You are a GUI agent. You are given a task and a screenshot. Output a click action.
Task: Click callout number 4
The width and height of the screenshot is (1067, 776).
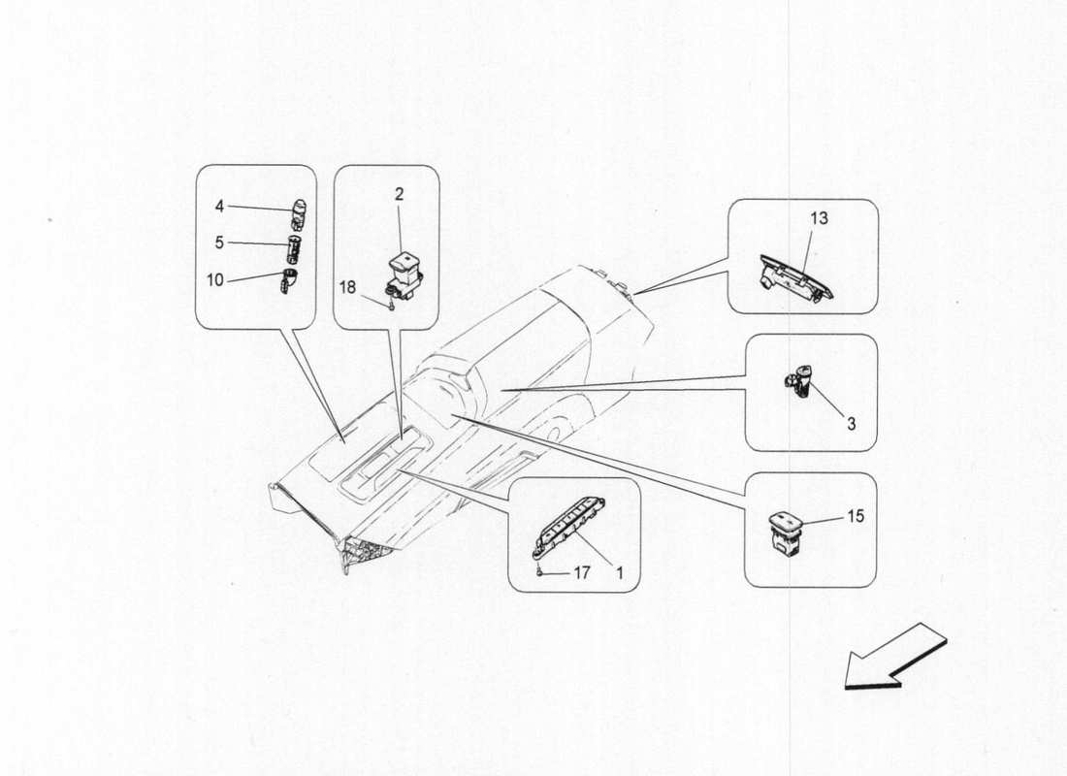(219, 206)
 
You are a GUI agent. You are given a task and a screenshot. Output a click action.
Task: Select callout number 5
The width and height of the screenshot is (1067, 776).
(219, 242)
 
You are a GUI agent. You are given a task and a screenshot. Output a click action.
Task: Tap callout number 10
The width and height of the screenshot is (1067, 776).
(214, 279)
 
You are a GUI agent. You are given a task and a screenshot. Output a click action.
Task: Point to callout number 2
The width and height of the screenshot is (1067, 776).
(399, 194)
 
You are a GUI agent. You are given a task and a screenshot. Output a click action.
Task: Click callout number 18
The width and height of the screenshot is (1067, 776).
(347, 286)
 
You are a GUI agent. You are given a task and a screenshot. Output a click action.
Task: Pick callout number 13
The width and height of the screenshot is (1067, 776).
(819, 218)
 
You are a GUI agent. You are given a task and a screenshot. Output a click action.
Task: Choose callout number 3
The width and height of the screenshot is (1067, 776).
(850, 423)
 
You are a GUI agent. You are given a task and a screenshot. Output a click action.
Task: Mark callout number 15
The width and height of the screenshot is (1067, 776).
(855, 516)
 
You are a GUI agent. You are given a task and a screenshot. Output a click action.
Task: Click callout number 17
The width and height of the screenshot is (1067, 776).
(581, 573)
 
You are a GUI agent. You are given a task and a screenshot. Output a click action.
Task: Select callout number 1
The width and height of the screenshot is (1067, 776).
(619, 573)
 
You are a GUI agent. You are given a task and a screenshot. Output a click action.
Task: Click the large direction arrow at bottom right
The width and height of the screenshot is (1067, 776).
(893, 658)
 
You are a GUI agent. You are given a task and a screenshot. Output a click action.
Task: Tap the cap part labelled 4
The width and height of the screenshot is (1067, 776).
(299, 209)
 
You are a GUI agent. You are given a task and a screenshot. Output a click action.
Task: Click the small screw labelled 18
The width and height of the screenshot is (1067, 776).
(388, 307)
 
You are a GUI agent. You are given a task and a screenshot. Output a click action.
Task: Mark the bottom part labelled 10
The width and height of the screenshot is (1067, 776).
(288, 281)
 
